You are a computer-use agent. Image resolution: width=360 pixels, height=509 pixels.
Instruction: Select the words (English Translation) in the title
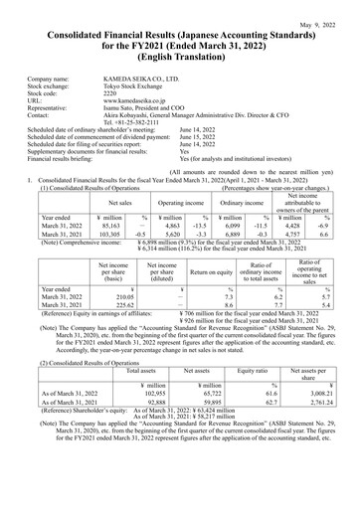coord(180,55)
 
